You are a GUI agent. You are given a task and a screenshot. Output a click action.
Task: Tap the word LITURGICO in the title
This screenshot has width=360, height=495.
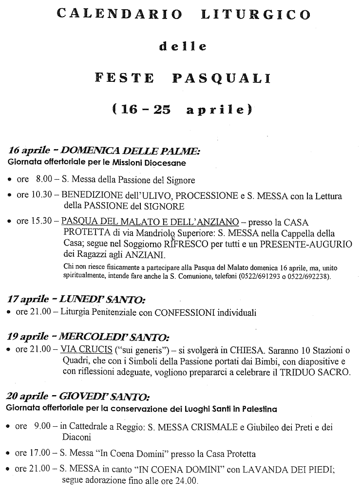point(255,15)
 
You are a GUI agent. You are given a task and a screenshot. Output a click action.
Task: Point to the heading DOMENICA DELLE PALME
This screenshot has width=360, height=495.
point(131,152)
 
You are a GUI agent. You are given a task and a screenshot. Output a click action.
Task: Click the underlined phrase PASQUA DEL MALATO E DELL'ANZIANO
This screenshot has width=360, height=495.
point(150,222)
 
